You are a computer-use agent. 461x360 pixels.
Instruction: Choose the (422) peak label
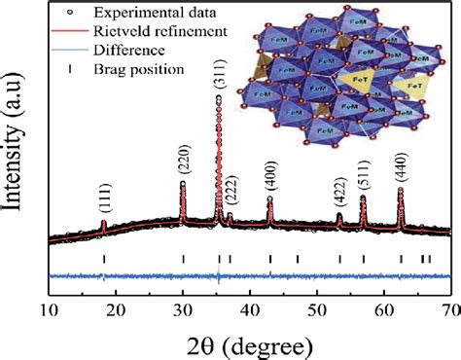click(x=339, y=196)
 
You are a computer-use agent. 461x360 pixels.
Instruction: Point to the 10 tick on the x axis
click(x=50, y=310)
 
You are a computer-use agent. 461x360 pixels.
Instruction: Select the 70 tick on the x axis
click(x=449, y=310)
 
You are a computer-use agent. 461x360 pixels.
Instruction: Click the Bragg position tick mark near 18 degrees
click(x=104, y=258)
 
